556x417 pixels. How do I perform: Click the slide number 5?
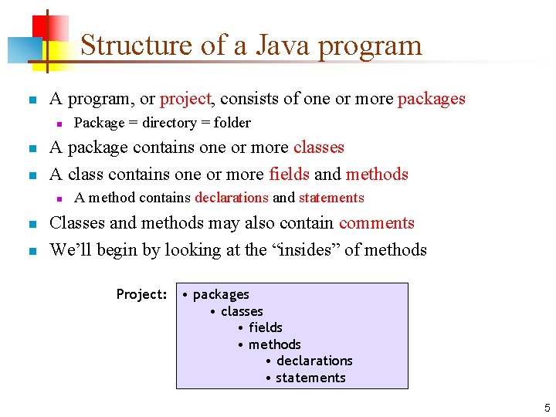tap(547, 408)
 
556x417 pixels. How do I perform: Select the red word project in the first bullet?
tap(185, 99)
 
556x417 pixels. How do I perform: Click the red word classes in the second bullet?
tap(319, 147)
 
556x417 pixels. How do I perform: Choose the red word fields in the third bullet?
tap(289, 174)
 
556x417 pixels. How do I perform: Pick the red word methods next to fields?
tap(377, 174)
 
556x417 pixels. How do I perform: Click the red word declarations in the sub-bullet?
tap(232, 198)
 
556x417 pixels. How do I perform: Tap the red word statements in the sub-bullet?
tap(331, 198)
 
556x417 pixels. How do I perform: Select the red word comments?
tap(377, 223)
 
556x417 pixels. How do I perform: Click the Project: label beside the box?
tap(141, 294)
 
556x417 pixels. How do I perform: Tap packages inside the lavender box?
tap(221, 294)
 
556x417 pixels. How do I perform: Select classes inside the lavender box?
tap(242, 311)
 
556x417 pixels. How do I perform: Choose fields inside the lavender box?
tap(265, 327)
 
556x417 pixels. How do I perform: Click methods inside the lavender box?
tap(274, 344)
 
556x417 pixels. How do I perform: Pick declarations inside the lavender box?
tap(314, 361)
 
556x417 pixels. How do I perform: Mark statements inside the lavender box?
tap(310, 378)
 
